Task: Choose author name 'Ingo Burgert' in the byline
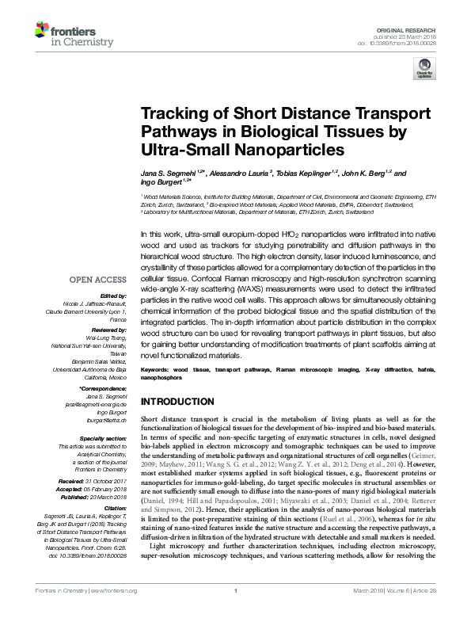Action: pos(160,184)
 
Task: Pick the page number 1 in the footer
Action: pos(236,613)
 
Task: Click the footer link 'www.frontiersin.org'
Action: pos(116,613)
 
